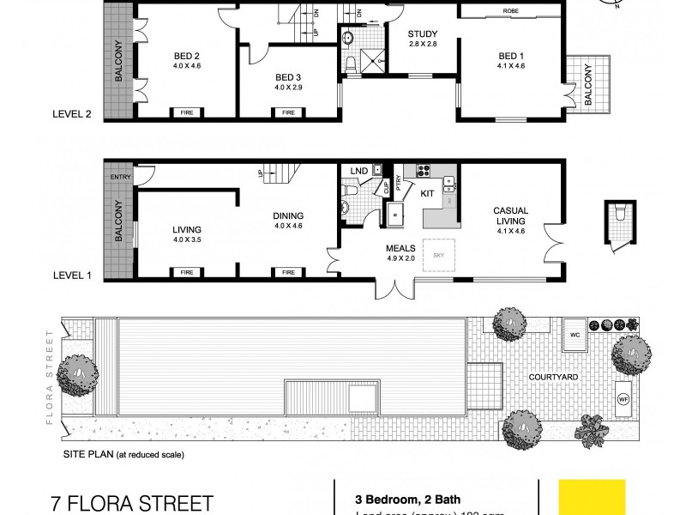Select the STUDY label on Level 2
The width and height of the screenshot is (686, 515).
422,36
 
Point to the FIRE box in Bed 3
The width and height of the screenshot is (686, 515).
288,112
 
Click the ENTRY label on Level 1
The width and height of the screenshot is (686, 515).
118,178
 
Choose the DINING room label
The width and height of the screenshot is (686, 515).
289,216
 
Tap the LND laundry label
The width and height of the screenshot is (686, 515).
359,172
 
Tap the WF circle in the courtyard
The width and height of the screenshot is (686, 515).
623,398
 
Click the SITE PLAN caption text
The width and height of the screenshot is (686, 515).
122,455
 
